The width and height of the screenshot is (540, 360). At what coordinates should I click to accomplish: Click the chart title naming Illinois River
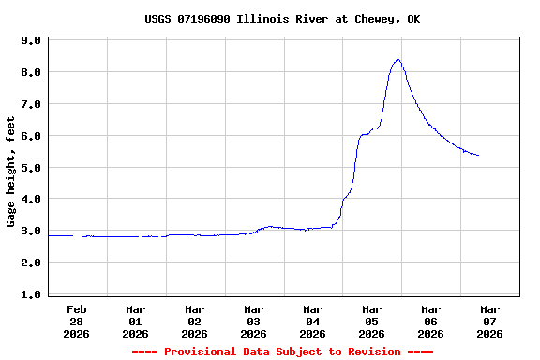[282, 19]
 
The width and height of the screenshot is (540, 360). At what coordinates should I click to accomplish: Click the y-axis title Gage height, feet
[11, 172]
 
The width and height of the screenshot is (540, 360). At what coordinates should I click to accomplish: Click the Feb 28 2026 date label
[77, 321]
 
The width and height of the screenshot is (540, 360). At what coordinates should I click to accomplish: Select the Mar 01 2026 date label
[136, 321]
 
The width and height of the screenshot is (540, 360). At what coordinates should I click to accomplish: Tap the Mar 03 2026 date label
[253, 321]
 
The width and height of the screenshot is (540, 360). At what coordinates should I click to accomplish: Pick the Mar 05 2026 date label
[371, 321]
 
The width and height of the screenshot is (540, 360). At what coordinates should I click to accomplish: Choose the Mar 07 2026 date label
[489, 321]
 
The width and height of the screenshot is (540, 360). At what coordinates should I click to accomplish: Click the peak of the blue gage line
[398, 60]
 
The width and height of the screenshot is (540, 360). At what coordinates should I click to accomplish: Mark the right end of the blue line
[479, 156]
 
